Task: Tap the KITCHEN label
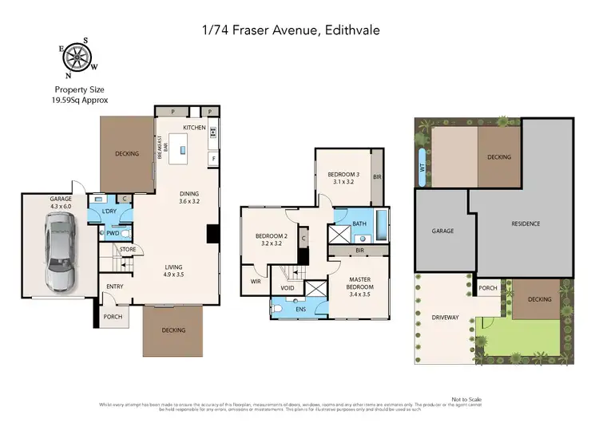tap(195, 128)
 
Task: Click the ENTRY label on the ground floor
tap(115, 287)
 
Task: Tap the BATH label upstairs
tap(359, 224)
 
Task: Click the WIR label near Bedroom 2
tap(256, 282)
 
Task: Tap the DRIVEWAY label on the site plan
tap(444, 318)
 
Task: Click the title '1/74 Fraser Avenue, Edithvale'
tap(299, 30)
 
